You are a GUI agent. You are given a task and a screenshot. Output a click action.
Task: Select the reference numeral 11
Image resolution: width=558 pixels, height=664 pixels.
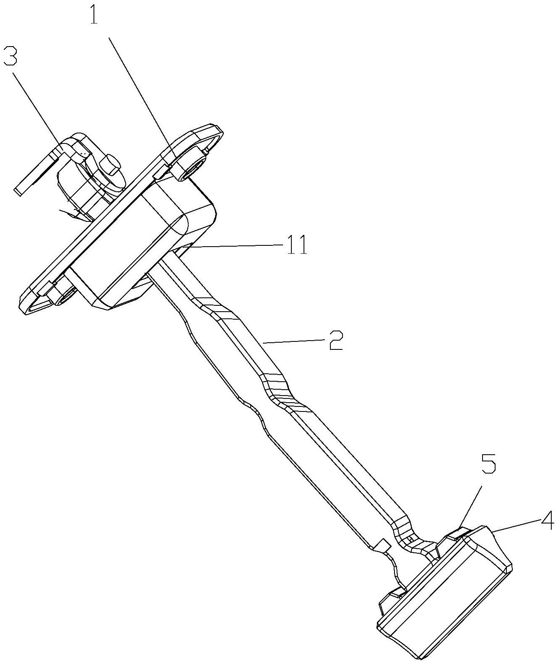pyautogui.click(x=297, y=244)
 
